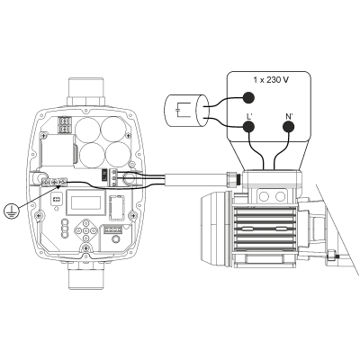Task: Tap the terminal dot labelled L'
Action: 247,127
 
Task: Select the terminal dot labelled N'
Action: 289,127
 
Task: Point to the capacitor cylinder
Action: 185,112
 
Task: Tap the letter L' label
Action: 247,115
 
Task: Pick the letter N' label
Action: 289,115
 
